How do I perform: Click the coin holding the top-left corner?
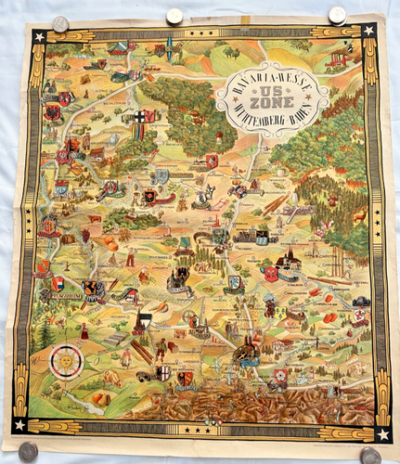point(61,24)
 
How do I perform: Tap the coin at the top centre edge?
point(174,16)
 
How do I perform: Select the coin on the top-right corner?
point(337,15)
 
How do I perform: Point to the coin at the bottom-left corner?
point(28,451)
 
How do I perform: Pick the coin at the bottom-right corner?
point(370,455)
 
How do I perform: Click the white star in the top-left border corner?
point(39,37)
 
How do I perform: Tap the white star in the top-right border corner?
point(368,31)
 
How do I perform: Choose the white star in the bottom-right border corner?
point(381,433)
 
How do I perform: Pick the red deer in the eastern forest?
point(358,214)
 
